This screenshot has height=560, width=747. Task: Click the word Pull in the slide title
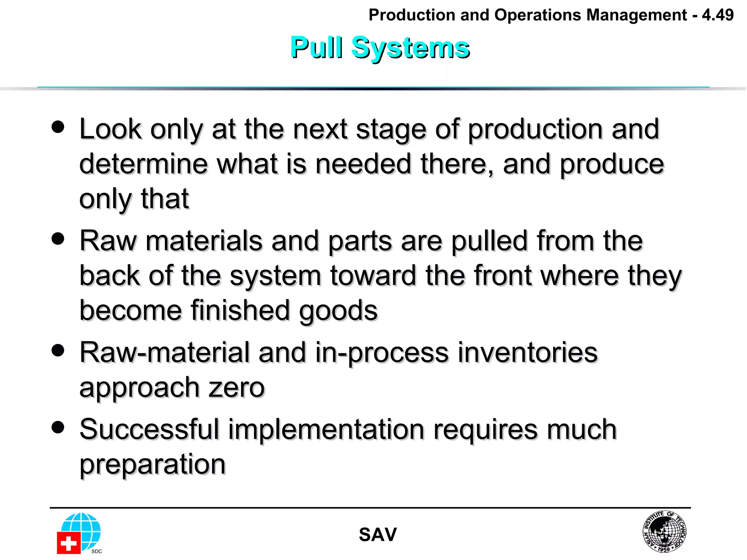click(316, 47)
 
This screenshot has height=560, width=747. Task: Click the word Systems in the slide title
click(410, 48)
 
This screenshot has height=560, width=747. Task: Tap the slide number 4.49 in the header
click(717, 15)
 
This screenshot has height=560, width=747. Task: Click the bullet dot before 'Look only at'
click(58, 127)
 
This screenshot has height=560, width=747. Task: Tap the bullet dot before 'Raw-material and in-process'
click(58, 350)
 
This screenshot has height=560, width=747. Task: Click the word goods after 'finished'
click(338, 311)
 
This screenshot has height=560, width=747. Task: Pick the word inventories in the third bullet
click(527, 353)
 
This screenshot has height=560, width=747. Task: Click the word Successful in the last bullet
click(149, 429)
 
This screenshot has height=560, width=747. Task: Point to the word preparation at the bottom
click(152, 464)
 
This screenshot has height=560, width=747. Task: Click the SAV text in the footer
click(378, 535)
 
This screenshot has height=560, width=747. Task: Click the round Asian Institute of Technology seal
click(664, 531)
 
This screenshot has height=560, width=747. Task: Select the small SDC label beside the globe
click(97, 551)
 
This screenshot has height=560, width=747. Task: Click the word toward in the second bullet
click(373, 276)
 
